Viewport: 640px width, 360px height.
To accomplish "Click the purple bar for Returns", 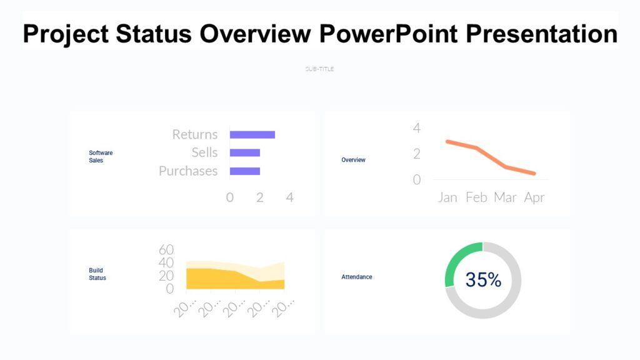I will (x=252, y=134).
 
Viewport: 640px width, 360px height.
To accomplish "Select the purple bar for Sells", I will (x=245, y=152).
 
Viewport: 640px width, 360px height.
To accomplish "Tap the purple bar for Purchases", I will (x=245, y=171).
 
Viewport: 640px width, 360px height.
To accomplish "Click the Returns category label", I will (x=195, y=134).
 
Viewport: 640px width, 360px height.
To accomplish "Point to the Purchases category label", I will (x=188, y=171).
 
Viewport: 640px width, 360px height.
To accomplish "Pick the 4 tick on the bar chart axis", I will (x=289, y=197).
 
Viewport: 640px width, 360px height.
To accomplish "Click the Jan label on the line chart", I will (x=447, y=197).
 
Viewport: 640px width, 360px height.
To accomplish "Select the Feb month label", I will (x=476, y=197).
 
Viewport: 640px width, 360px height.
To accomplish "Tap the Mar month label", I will (x=505, y=197).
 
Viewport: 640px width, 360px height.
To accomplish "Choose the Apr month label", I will (x=534, y=197).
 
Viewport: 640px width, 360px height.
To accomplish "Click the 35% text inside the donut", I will (x=483, y=280).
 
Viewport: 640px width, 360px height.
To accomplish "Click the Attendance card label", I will (x=356, y=277).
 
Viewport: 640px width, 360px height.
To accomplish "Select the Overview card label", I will (x=353, y=160).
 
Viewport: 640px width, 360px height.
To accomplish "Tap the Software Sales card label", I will (x=101, y=156).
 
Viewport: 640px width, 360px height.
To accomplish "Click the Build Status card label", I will (x=97, y=274).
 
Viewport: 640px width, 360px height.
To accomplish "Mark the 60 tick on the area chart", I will (x=166, y=249).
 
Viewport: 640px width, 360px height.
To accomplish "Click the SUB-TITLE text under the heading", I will (x=319, y=69).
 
